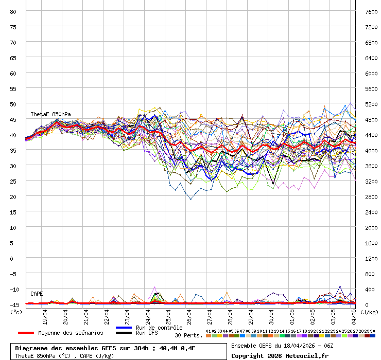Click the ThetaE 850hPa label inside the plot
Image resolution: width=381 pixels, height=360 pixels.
click(x=50, y=114)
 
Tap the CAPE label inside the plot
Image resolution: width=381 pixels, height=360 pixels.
click(x=37, y=294)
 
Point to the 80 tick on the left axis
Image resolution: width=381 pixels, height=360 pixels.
click(x=14, y=11)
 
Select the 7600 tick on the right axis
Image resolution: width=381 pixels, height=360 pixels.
click(x=371, y=11)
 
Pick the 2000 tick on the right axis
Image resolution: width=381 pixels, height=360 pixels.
click(x=371, y=227)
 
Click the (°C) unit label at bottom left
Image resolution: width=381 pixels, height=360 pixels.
click(x=16, y=312)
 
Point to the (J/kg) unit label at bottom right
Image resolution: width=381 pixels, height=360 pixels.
click(x=369, y=312)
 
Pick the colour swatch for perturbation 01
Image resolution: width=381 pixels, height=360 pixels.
click(x=208, y=336)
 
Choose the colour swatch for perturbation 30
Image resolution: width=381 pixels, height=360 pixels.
click(x=372, y=336)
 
